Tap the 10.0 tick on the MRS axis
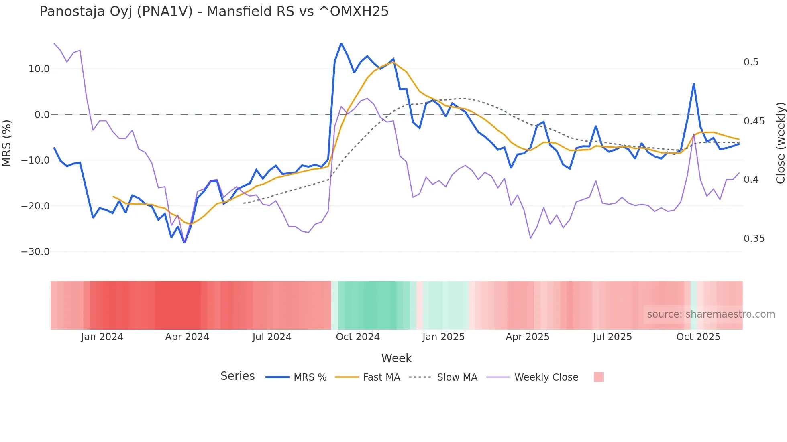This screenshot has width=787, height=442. (39, 69)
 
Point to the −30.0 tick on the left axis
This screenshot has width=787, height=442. (35, 252)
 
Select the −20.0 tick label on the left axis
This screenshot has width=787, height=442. (35, 206)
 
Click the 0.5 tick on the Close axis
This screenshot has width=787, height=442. (751, 62)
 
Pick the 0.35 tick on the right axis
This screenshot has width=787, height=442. (754, 239)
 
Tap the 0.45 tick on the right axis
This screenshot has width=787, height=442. (754, 121)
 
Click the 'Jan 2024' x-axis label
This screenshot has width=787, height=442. (102, 337)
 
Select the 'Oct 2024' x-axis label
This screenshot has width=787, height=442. (358, 337)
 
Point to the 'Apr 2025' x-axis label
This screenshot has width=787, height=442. (527, 337)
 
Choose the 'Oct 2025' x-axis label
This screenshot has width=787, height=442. (698, 337)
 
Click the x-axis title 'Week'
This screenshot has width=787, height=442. (396, 358)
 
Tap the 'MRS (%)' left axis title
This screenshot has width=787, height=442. (7, 143)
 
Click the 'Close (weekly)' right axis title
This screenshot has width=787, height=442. (780, 143)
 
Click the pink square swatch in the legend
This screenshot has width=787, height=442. (598, 377)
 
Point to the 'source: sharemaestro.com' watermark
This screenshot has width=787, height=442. (711, 314)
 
